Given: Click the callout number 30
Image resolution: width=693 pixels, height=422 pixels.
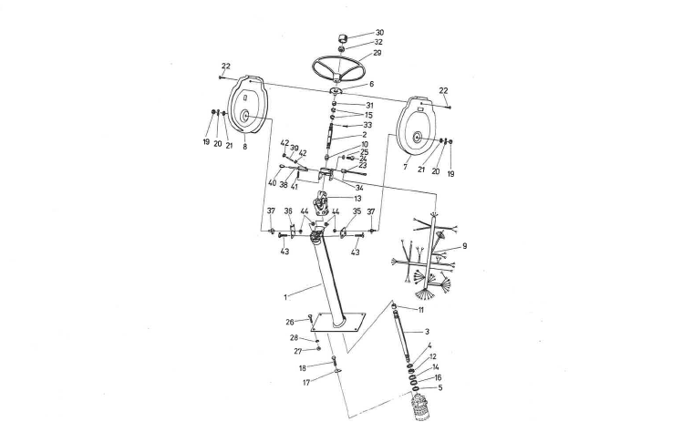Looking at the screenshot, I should (x=379, y=33).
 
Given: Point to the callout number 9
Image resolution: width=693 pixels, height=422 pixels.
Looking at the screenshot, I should (x=464, y=246).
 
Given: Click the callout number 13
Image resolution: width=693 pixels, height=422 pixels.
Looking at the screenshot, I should (x=357, y=199).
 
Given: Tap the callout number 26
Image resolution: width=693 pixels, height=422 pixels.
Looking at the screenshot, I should (x=290, y=321).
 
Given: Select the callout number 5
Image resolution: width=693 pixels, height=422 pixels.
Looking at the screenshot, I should (x=440, y=386).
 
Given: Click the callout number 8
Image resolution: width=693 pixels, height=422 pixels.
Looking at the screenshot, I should (x=244, y=145).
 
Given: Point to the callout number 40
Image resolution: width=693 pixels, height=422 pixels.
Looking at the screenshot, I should (x=272, y=183).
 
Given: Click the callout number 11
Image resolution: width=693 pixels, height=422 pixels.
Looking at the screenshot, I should (x=420, y=310).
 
